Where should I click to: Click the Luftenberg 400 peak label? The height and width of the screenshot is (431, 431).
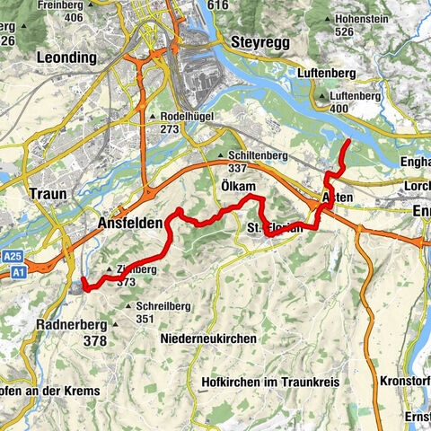coord(352,101)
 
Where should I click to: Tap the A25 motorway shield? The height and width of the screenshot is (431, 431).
coord(12,256)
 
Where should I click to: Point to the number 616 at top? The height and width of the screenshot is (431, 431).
coord(218,5)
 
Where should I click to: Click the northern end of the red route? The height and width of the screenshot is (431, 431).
coord(347,144)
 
